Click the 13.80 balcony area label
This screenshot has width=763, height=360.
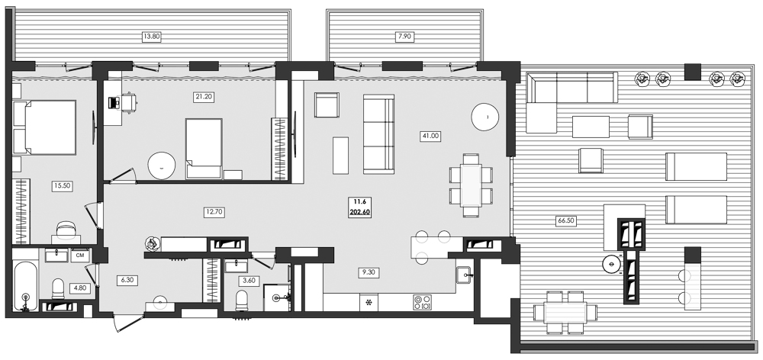click(x=153, y=36)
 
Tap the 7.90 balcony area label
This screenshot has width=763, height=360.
click(x=404, y=36)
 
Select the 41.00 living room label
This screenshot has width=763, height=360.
click(x=430, y=136)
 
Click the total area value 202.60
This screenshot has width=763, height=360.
click(x=360, y=213)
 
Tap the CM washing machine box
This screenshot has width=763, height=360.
click(x=79, y=256)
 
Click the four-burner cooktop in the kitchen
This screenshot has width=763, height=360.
click(x=422, y=301)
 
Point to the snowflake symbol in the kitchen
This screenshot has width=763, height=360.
click(x=371, y=302)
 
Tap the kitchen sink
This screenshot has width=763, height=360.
click(x=462, y=275)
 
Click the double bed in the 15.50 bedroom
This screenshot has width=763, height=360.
click(x=46, y=127)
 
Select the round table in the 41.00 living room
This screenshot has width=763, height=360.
click(x=485, y=117)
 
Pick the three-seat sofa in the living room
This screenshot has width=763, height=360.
click(x=378, y=133)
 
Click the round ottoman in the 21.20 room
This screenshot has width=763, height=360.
click(x=161, y=165)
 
